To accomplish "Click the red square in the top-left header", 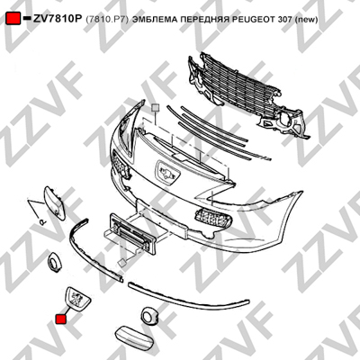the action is [13, 19].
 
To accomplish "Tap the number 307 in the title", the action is [287, 20].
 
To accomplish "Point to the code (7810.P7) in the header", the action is [107, 20].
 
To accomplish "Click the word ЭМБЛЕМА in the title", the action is [154, 20].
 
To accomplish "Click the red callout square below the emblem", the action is [61, 319].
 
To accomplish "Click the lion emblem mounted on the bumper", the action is [167, 173].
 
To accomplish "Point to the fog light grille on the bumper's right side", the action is [213, 219].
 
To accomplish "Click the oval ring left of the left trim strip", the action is [54, 262].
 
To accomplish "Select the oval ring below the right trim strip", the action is [149, 316].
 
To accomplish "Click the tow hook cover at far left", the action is [54, 202].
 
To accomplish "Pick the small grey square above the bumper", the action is [155, 108].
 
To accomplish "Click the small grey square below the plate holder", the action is [122, 263].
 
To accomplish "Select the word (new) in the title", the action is [307, 20].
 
